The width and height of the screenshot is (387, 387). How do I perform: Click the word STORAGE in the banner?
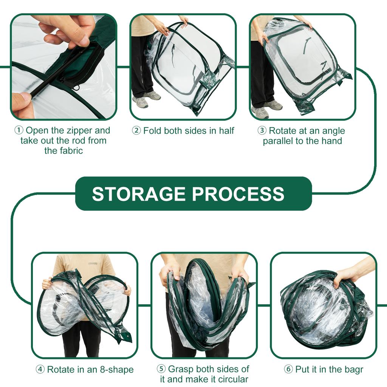tap(139, 194)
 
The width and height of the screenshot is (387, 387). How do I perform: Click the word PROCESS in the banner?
tap(238, 194)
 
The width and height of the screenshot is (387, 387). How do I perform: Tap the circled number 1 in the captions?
tap(19, 131)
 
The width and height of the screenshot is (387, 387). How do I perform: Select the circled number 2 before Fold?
tap(136, 131)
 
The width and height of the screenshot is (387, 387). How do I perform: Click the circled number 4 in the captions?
tap(40, 370)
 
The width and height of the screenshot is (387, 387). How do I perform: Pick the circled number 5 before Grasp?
tap(161, 369)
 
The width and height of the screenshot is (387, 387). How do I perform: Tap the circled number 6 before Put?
tap(288, 369)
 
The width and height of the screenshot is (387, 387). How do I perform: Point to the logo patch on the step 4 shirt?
tap(93, 263)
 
